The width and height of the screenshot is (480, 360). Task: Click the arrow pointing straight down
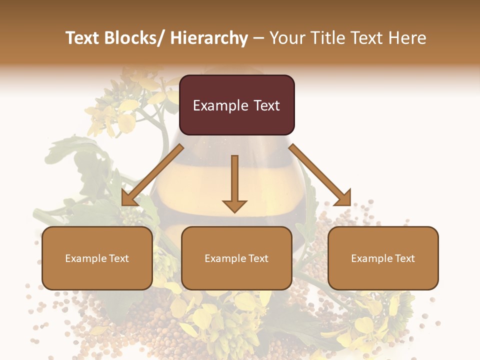point(234,180)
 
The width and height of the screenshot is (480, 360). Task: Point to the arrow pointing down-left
point(152,175)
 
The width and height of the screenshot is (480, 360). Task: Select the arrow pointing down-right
point(320,175)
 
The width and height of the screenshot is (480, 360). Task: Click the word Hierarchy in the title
point(208,38)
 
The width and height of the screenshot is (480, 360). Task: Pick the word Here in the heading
point(408,38)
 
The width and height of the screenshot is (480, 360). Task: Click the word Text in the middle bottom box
point(258,258)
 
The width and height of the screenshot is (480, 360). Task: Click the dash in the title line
point(258,38)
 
